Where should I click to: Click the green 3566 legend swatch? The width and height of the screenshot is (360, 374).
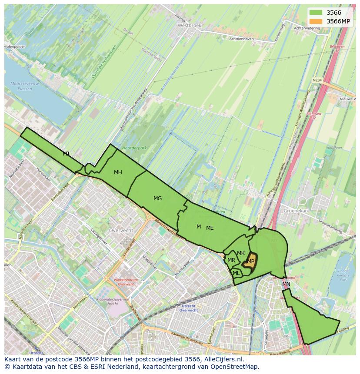click(316, 13)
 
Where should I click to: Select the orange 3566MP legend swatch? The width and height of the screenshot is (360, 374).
click(316, 21)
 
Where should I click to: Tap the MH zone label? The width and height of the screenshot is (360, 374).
click(118, 172)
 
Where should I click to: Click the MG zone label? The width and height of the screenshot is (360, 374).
click(157, 199)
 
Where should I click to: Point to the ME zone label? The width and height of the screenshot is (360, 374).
click(210, 228)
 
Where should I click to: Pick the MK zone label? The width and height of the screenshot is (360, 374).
click(241, 253)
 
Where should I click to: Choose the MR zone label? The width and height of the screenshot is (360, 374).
click(231, 260)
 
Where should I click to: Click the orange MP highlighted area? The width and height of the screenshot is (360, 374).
click(250, 261)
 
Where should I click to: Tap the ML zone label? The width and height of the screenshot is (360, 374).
click(236, 273)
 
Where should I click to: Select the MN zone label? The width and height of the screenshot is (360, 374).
click(286, 284)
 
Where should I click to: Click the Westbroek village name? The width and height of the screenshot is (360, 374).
click(190, 26)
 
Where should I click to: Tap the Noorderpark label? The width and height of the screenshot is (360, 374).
click(135, 148)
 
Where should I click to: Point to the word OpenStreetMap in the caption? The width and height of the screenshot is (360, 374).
click(237, 367)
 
